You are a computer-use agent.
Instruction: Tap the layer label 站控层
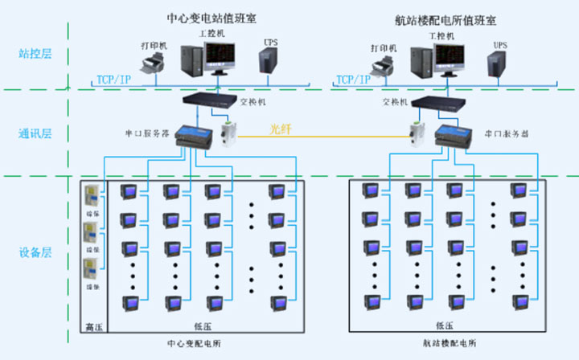click(x=35, y=54)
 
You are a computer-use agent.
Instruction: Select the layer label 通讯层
click(x=35, y=133)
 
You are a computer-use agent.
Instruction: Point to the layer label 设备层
click(x=35, y=252)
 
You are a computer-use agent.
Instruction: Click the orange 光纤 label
click(x=281, y=129)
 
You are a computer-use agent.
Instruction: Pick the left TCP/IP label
click(x=114, y=79)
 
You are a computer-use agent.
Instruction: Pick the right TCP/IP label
click(x=353, y=79)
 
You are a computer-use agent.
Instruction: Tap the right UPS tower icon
click(x=496, y=63)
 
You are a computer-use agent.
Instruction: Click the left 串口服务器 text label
click(x=146, y=132)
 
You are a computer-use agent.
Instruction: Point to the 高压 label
click(x=95, y=325)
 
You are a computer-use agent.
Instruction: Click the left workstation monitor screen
click(x=218, y=54)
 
